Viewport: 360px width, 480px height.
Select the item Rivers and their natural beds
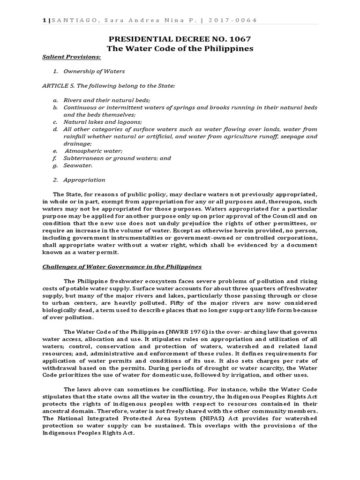coord(107,100)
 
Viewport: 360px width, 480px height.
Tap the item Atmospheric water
coord(93,151)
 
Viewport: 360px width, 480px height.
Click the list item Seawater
coord(78,165)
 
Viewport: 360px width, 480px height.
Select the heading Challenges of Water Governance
coord(122,267)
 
